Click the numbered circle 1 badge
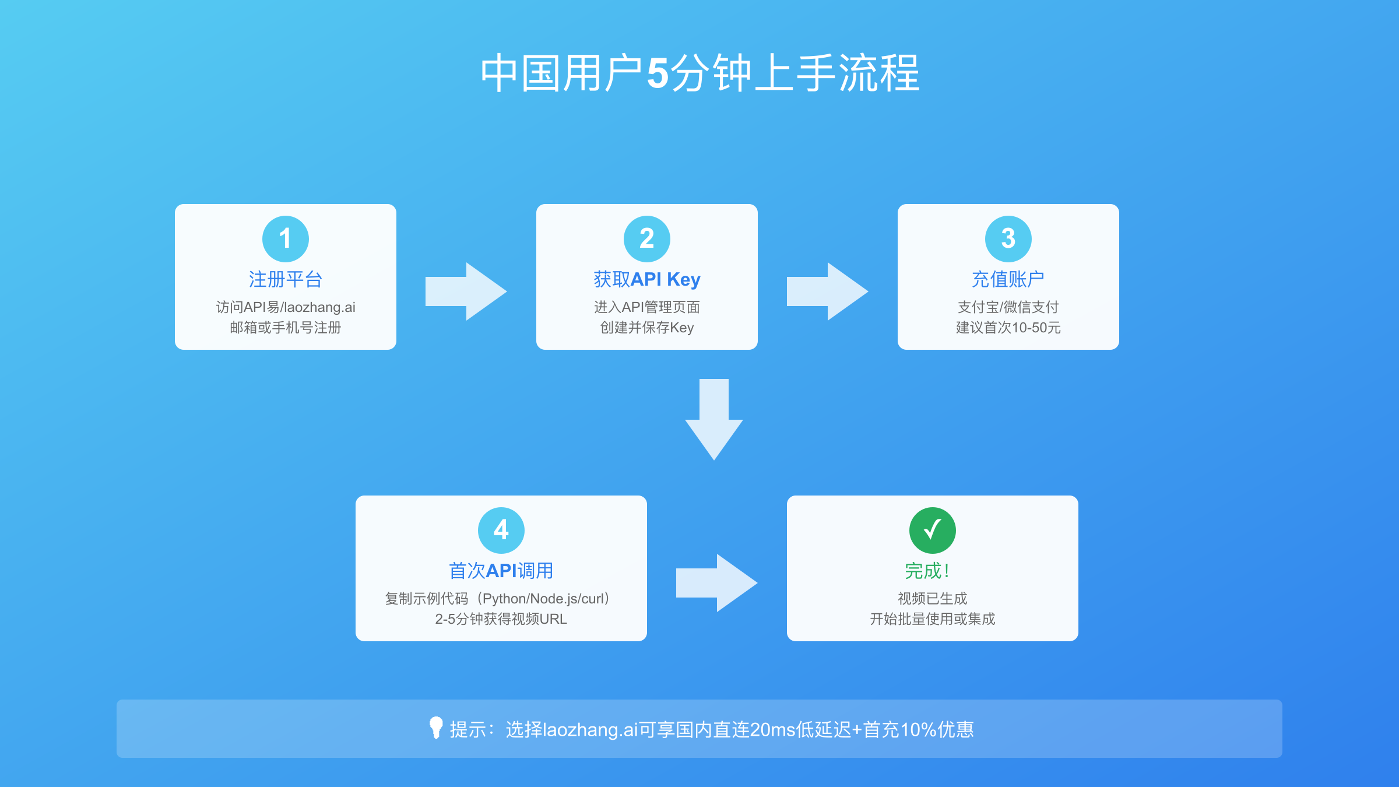click(286, 238)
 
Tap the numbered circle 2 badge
click(647, 238)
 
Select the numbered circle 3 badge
click(1008, 238)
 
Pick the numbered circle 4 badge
click(501, 530)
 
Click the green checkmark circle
click(933, 530)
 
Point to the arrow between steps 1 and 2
click(466, 291)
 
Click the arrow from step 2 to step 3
click(827, 291)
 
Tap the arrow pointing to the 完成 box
click(716, 583)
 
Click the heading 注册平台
click(286, 279)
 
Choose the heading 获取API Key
click(647, 279)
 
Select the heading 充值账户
click(1008, 279)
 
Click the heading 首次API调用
click(501, 571)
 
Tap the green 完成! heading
click(927, 571)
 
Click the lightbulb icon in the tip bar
click(436, 728)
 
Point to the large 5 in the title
click(658, 74)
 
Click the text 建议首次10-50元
click(1008, 328)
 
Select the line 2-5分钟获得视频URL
click(501, 619)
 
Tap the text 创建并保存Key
click(647, 328)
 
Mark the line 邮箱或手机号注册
click(286, 328)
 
